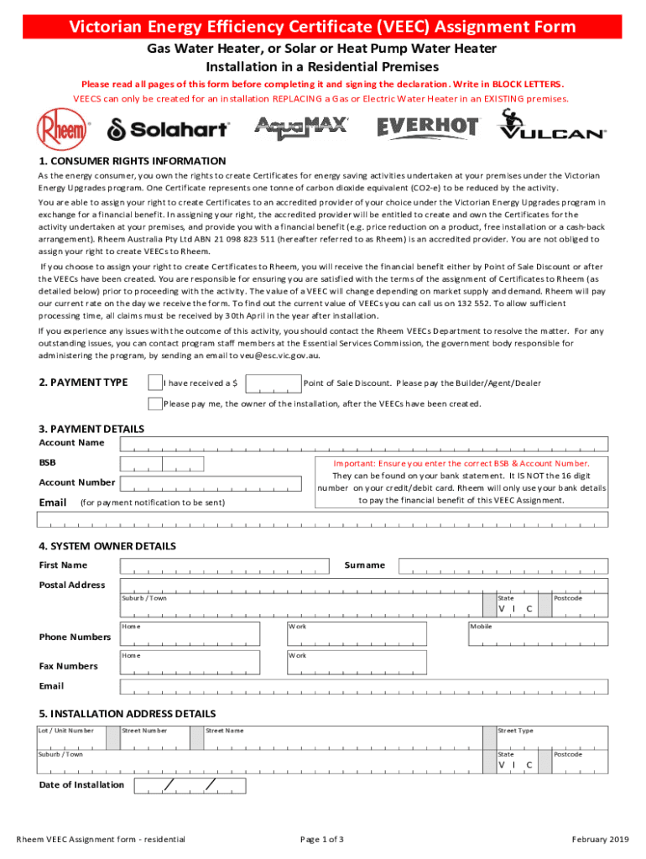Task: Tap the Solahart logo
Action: pos(167,129)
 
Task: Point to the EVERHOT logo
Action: pos(428,128)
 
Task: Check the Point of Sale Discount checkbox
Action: pos(154,383)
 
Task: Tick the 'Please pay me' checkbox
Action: pos(154,403)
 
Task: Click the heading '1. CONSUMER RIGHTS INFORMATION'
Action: pos(133,160)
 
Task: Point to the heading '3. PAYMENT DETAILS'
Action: pos(91,429)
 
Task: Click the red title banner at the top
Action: pos(323,27)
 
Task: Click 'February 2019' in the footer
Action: pos(600,840)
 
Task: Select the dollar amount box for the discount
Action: pos(271,383)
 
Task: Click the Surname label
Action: pos(364,565)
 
